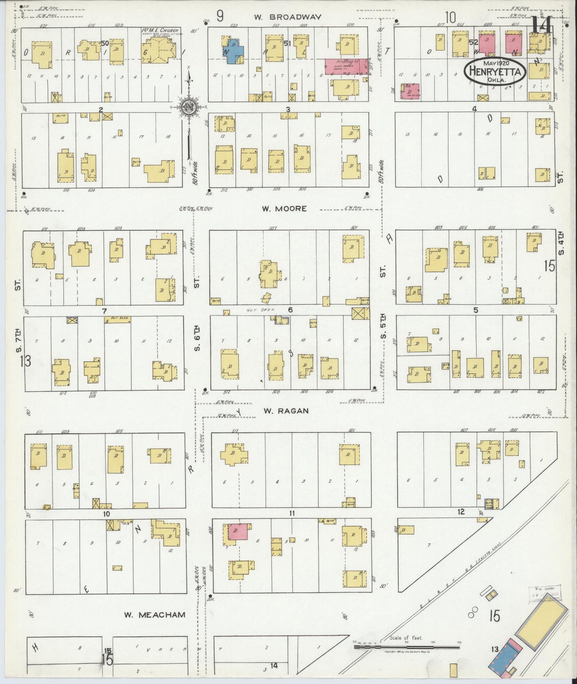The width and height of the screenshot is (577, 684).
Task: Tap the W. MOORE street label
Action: [x=284, y=208]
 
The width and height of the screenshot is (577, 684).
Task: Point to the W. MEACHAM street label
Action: [x=154, y=615]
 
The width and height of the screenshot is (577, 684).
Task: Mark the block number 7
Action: [x=104, y=310]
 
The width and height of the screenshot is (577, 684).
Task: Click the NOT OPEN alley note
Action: [x=257, y=310]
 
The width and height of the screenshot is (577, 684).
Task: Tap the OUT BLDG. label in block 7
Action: [x=112, y=320]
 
